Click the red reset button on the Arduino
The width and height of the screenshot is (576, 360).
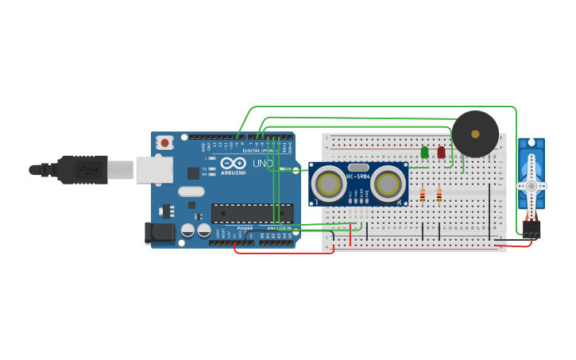tap(164, 143)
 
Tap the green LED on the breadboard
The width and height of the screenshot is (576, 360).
tap(424, 152)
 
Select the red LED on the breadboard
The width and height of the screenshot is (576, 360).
tap(441, 152)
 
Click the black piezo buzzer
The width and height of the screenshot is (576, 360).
tap(475, 134)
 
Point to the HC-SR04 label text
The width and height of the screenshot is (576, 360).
tap(358, 176)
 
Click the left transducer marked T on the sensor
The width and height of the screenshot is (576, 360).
tap(328, 184)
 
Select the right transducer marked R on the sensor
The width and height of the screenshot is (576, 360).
tap(389, 184)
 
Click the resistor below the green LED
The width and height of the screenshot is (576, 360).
tap(423, 195)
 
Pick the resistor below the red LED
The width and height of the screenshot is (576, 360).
tap(439, 195)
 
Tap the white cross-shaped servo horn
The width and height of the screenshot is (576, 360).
tap(531, 186)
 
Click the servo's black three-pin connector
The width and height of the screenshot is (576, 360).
tap(531, 229)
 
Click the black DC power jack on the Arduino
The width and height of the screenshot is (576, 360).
tap(158, 233)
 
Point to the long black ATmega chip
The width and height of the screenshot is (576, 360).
tap(252, 213)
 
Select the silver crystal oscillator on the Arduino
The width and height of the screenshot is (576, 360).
tap(191, 192)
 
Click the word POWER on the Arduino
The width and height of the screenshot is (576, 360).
tap(245, 228)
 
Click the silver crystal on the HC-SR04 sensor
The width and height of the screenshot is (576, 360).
tap(358, 166)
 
